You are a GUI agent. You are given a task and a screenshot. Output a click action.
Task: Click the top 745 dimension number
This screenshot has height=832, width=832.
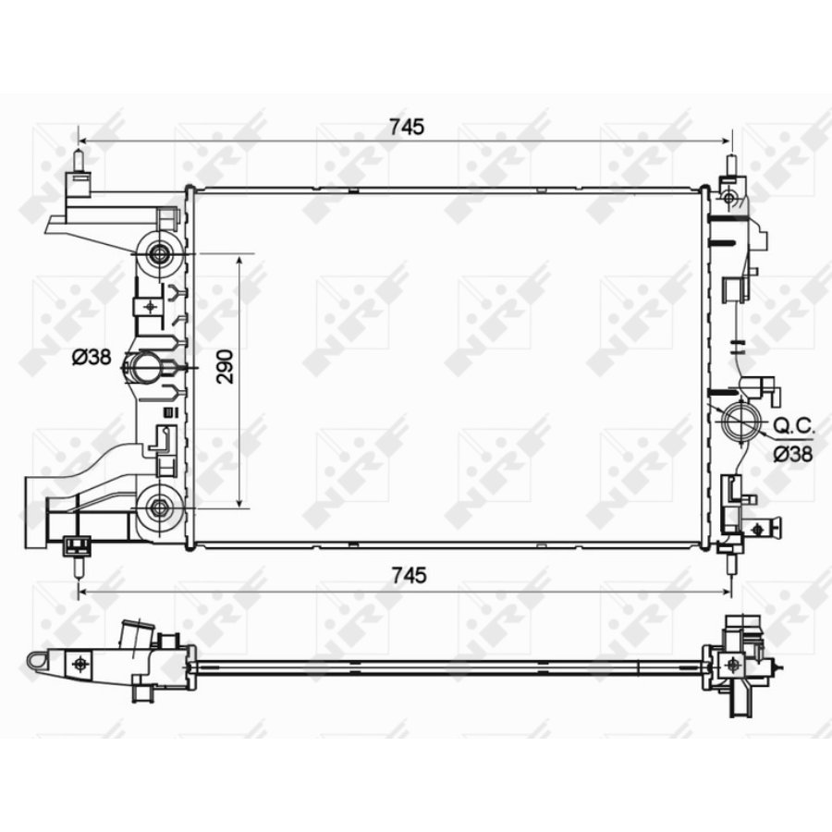click(406, 128)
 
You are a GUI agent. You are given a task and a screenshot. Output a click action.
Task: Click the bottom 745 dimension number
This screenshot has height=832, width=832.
click(406, 575)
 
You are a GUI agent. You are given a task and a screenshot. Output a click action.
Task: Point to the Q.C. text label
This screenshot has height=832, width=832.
click(793, 425)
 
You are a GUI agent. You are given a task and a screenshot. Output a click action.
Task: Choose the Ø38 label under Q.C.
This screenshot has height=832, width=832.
click(793, 453)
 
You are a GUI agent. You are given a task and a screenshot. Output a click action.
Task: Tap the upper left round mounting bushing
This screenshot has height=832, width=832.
click(160, 253)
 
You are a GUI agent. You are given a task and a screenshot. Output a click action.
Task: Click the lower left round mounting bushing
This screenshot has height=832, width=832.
click(160, 506)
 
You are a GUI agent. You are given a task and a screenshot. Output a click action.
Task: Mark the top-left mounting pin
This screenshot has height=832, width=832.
click(79, 162)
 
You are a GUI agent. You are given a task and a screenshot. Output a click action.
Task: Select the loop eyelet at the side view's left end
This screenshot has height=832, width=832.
click(37, 660)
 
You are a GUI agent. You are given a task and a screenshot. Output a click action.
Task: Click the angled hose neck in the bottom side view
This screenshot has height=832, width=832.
click(131, 638)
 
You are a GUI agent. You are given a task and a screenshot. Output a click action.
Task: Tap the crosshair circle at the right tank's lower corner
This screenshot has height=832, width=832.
click(758, 529)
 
